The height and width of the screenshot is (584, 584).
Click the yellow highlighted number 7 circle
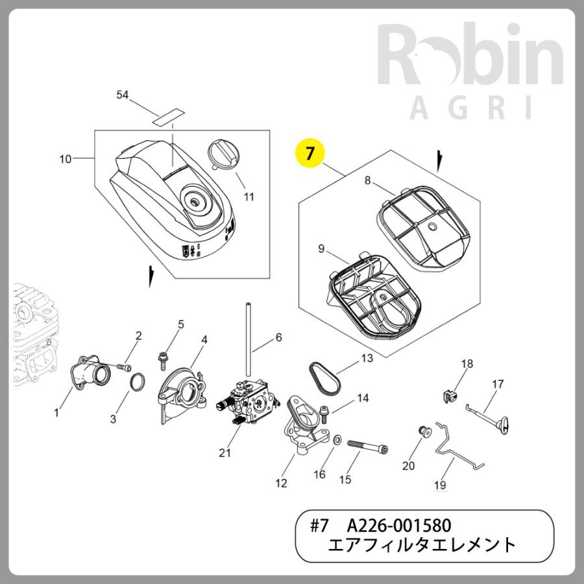309,152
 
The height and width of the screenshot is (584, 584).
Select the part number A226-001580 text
399,526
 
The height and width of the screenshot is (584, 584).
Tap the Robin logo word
470,54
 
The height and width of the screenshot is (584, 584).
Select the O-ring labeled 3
137,381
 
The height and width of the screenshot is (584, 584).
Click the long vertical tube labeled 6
247,339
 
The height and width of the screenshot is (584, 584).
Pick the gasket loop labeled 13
324,377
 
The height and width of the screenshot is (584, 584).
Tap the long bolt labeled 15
368,445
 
